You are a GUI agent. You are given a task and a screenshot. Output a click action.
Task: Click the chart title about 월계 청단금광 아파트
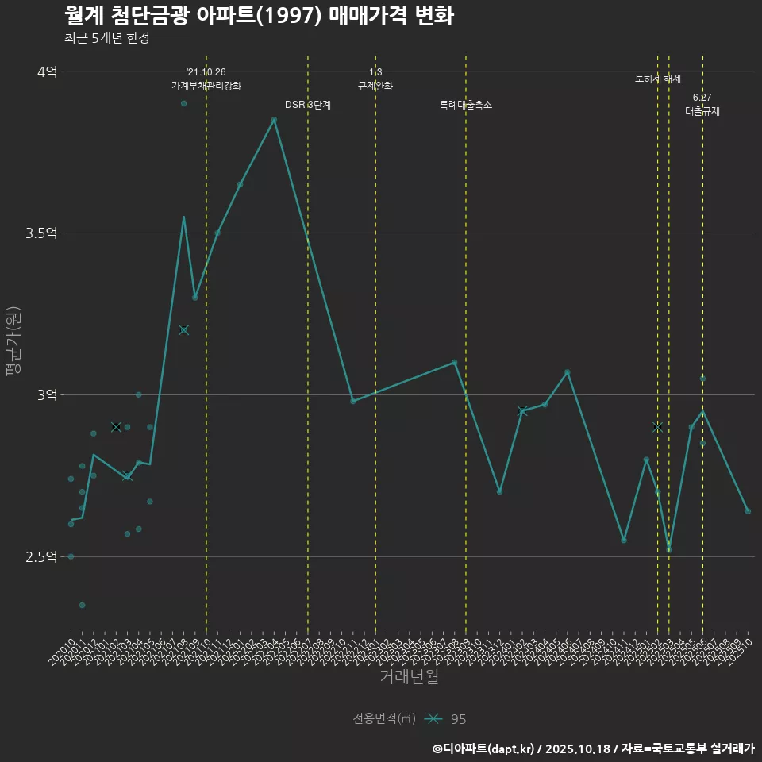(x=259, y=16)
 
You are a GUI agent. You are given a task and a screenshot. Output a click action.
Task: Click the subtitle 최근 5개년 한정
(x=106, y=38)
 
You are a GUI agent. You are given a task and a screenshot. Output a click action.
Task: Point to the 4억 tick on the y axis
(x=47, y=71)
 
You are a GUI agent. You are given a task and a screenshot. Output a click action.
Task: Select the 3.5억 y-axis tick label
(x=42, y=233)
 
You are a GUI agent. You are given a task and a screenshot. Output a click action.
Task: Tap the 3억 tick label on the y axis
(x=47, y=394)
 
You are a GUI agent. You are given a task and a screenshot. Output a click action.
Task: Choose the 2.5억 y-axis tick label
(x=42, y=556)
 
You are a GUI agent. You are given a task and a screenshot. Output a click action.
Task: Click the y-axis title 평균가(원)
(x=13, y=341)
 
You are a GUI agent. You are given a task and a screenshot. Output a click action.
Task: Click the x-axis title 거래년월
(x=409, y=677)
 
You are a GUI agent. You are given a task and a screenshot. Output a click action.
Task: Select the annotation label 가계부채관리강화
(x=206, y=86)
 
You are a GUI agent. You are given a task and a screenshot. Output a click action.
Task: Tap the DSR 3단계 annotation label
(x=308, y=105)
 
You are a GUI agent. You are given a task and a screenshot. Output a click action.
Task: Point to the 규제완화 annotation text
(x=375, y=86)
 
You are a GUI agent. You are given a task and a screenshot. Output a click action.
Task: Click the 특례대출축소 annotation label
(x=466, y=105)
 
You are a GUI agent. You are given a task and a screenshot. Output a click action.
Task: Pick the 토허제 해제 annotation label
(x=658, y=79)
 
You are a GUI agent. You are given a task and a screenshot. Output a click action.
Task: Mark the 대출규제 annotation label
(x=702, y=112)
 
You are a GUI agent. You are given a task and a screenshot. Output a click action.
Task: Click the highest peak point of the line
(x=274, y=120)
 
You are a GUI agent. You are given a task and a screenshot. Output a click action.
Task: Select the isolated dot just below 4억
(x=183, y=103)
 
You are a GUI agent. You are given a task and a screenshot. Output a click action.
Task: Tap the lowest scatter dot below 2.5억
(x=82, y=605)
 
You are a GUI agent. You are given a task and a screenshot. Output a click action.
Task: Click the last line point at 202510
(x=748, y=511)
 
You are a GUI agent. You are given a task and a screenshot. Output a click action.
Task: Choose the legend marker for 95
(x=433, y=719)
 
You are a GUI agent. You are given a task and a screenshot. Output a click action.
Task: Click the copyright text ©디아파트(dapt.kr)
(x=485, y=748)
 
